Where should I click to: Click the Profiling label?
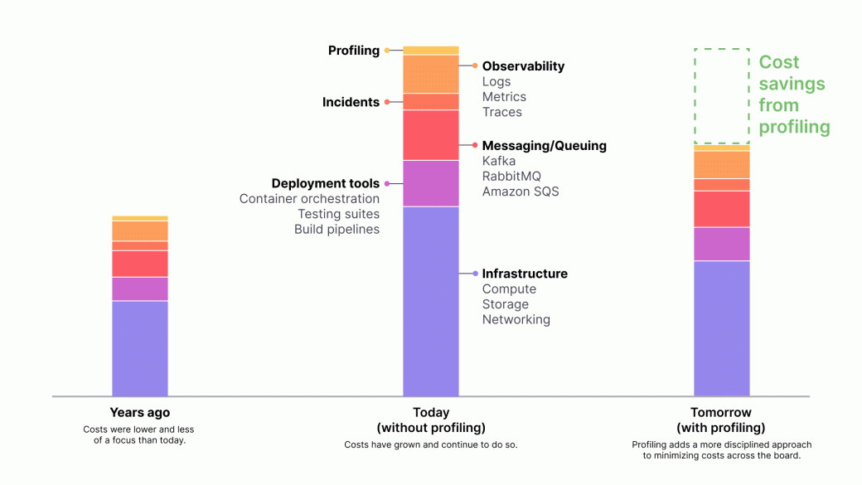click(353, 51)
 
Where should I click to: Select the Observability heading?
click(523, 66)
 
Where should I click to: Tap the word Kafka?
click(499, 161)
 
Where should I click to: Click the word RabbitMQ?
click(511, 176)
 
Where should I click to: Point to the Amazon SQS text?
click(521, 192)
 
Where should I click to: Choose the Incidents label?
click(351, 102)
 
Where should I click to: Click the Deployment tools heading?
click(325, 183)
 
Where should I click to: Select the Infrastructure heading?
click(525, 274)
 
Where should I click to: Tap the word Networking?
click(516, 319)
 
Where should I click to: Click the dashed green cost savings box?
click(721, 96)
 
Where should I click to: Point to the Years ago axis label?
click(140, 412)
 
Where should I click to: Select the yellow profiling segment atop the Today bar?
click(430, 51)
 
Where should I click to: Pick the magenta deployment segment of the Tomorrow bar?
click(721, 244)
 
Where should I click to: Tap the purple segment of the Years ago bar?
click(140, 348)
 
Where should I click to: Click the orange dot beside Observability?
click(475, 65)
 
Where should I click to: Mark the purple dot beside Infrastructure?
click(475, 274)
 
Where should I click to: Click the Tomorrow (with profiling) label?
click(721, 420)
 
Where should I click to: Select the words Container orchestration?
click(309, 199)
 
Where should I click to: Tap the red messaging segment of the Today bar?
click(430, 134)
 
